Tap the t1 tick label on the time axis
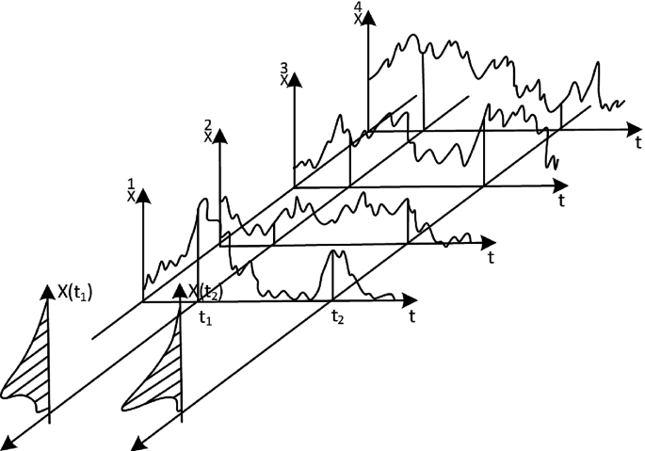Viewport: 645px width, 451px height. point(205,318)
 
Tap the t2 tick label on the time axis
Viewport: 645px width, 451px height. point(336,318)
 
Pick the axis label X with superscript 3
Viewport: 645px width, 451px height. point(284,74)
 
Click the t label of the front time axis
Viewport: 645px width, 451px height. point(412,317)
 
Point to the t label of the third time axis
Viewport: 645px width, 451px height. point(562,201)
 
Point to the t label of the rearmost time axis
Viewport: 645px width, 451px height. point(637,143)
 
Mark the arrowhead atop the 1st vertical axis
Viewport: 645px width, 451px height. point(143,196)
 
